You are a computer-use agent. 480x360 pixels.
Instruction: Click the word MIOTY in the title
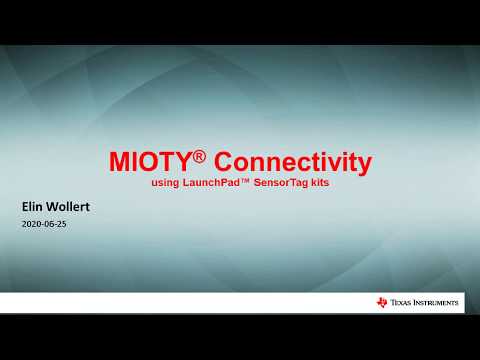(150, 162)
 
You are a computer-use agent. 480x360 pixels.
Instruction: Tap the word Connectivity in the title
(293, 163)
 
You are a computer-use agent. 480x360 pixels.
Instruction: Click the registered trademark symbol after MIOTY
(199, 156)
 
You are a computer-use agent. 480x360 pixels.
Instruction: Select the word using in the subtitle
(165, 183)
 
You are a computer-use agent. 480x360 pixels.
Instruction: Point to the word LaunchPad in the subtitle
(211, 182)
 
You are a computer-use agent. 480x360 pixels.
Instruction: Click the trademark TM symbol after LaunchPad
(245, 180)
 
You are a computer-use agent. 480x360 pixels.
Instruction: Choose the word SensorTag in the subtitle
(284, 183)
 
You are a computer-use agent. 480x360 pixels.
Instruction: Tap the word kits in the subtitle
(323, 182)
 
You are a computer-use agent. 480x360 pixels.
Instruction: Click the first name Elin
(32, 207)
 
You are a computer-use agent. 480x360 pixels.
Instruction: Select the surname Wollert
(68, 207)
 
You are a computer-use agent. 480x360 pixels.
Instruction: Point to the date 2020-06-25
(44, 224)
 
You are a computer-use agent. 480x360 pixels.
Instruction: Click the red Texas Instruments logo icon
(382, 302)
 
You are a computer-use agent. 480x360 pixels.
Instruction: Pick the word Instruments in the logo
(436, 303)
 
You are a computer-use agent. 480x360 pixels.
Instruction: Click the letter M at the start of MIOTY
(118, 162)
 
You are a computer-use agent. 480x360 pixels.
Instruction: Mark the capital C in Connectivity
(223, 162)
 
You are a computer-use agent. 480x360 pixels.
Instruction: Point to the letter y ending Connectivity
(365, 166)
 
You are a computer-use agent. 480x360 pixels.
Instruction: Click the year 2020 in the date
(30, 224)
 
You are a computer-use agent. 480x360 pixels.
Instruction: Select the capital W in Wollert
(51, 207)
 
